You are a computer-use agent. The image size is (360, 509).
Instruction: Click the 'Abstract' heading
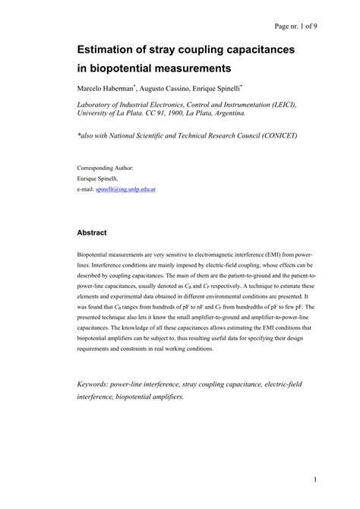click(91, 232)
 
